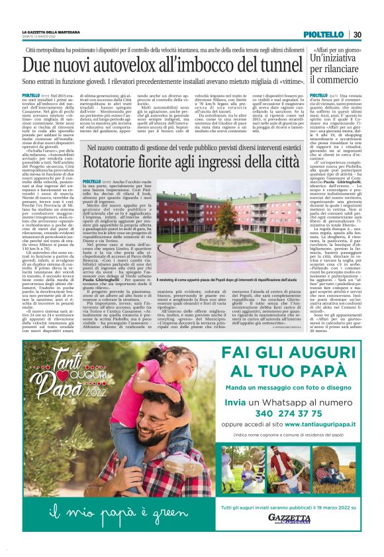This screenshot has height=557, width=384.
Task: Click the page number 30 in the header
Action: (357, 34)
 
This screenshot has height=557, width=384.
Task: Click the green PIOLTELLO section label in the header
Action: (323, 34)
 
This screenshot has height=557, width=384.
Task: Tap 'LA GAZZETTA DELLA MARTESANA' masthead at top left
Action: (50, 31)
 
